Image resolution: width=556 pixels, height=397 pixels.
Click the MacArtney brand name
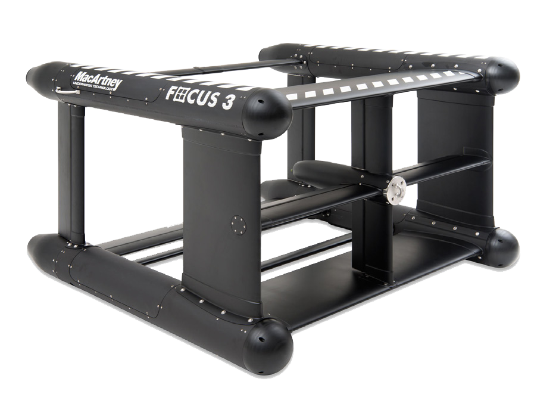pos(98,80)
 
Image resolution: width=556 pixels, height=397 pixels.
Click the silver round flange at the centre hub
pos(397,190)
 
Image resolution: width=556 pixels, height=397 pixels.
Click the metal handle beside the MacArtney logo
pos(67,91)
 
